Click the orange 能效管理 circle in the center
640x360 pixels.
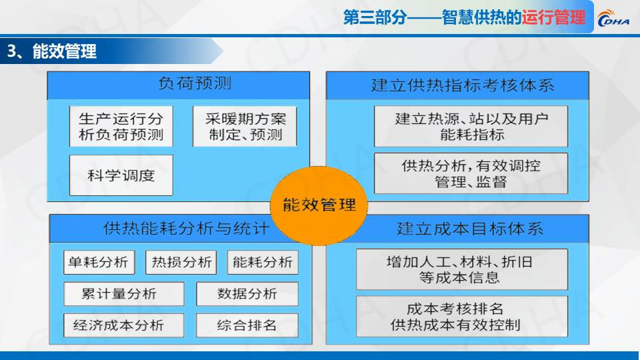coord(319,205)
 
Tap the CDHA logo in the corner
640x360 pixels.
coord(613,19)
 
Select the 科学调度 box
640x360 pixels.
coord(121,175)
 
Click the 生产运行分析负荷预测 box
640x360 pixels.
coord(121,126)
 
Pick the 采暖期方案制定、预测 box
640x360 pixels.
coord(245,126)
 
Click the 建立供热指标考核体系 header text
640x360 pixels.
coord(463,85)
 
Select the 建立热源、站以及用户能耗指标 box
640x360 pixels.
coord(471,126)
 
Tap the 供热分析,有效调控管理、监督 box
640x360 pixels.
coord(471,173)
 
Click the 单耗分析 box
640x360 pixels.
coord(99,262)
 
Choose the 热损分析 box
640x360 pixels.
coord(181,262)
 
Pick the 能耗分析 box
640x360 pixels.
coord(263,262)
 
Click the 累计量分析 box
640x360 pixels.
coord(124,294)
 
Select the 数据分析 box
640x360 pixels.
coord(247,294)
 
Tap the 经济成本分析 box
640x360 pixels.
coord(124,325)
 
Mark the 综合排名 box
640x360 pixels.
coord(247,325)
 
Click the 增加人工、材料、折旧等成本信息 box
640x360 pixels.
coord(462,269)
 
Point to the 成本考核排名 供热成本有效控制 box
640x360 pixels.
coord(462,317)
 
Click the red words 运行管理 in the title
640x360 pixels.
coord(554,17)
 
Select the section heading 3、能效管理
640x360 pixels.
coord(52,51)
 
